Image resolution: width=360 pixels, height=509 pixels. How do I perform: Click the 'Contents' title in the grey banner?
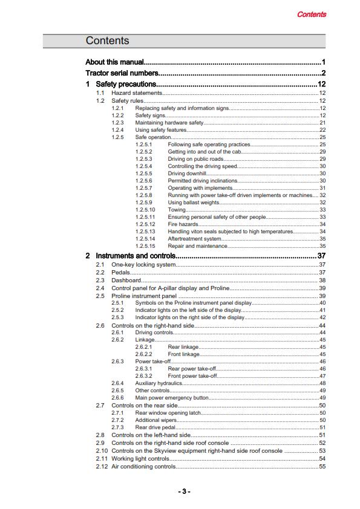[107, 41]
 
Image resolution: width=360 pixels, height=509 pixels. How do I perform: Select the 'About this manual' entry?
[115, 62]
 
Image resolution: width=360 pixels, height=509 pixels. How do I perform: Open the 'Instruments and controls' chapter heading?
[136, 256]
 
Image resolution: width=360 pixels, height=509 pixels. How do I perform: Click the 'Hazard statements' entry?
[137, 94]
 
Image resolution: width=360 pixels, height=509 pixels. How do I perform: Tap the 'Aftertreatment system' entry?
[194, 239]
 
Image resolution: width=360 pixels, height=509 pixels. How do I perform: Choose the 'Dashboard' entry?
[126, 280]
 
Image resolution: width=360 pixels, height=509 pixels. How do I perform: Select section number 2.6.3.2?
[144, 376]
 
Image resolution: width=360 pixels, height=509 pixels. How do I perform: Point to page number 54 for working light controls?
[322, 459]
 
